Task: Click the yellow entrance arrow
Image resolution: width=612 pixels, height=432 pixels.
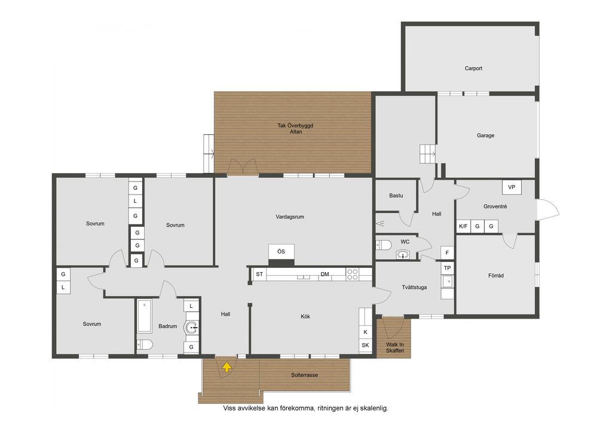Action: pyautogui.click(x=227, y=367)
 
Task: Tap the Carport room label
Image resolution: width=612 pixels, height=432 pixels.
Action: pyautogui.click(x=473, y=68)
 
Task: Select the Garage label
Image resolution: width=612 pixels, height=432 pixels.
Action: pyautogui.click(x=485, y=135)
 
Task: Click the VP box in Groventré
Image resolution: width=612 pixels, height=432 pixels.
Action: pyautogui.click(x=512, y=187)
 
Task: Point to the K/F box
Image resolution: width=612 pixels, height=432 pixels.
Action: pyautogui.click(x=463, y=226)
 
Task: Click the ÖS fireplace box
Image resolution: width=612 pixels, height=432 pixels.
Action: pyautogui.click(x=281, y=252)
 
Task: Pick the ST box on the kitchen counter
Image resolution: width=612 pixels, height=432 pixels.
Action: pyautogui.click(x=259, y=274)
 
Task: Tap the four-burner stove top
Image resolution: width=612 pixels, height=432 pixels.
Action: pyautogui.click(x=353, y=274)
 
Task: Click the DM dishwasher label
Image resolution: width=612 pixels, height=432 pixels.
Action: pyautogui.click(x=325, y=274)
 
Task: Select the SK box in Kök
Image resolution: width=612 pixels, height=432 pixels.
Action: pyautogui.click(x=365, y=345)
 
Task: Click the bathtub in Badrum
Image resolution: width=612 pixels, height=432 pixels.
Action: pyautogui.click(x=145, y=316)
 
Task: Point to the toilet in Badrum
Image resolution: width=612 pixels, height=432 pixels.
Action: pyautogui.click(x=145, y=344)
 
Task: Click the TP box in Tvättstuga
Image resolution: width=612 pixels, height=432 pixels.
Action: pyautogui.click(x=447, y=268)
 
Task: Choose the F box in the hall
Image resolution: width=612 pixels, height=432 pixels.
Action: pyautogui.click(x=447, y=253)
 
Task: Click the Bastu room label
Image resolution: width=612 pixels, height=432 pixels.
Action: pyautogui.click(x=396, y=196)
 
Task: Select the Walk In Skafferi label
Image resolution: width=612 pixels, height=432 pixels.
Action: pyautogui.click(x=395, y=347)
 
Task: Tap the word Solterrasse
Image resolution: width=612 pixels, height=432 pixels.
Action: pyautogui.click(x=304, y=375)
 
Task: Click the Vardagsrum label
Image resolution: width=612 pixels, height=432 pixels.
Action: pyautogui.click(x=290, y=217)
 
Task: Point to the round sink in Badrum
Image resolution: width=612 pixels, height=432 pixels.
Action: pyautogui.click(x=191, y=328)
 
